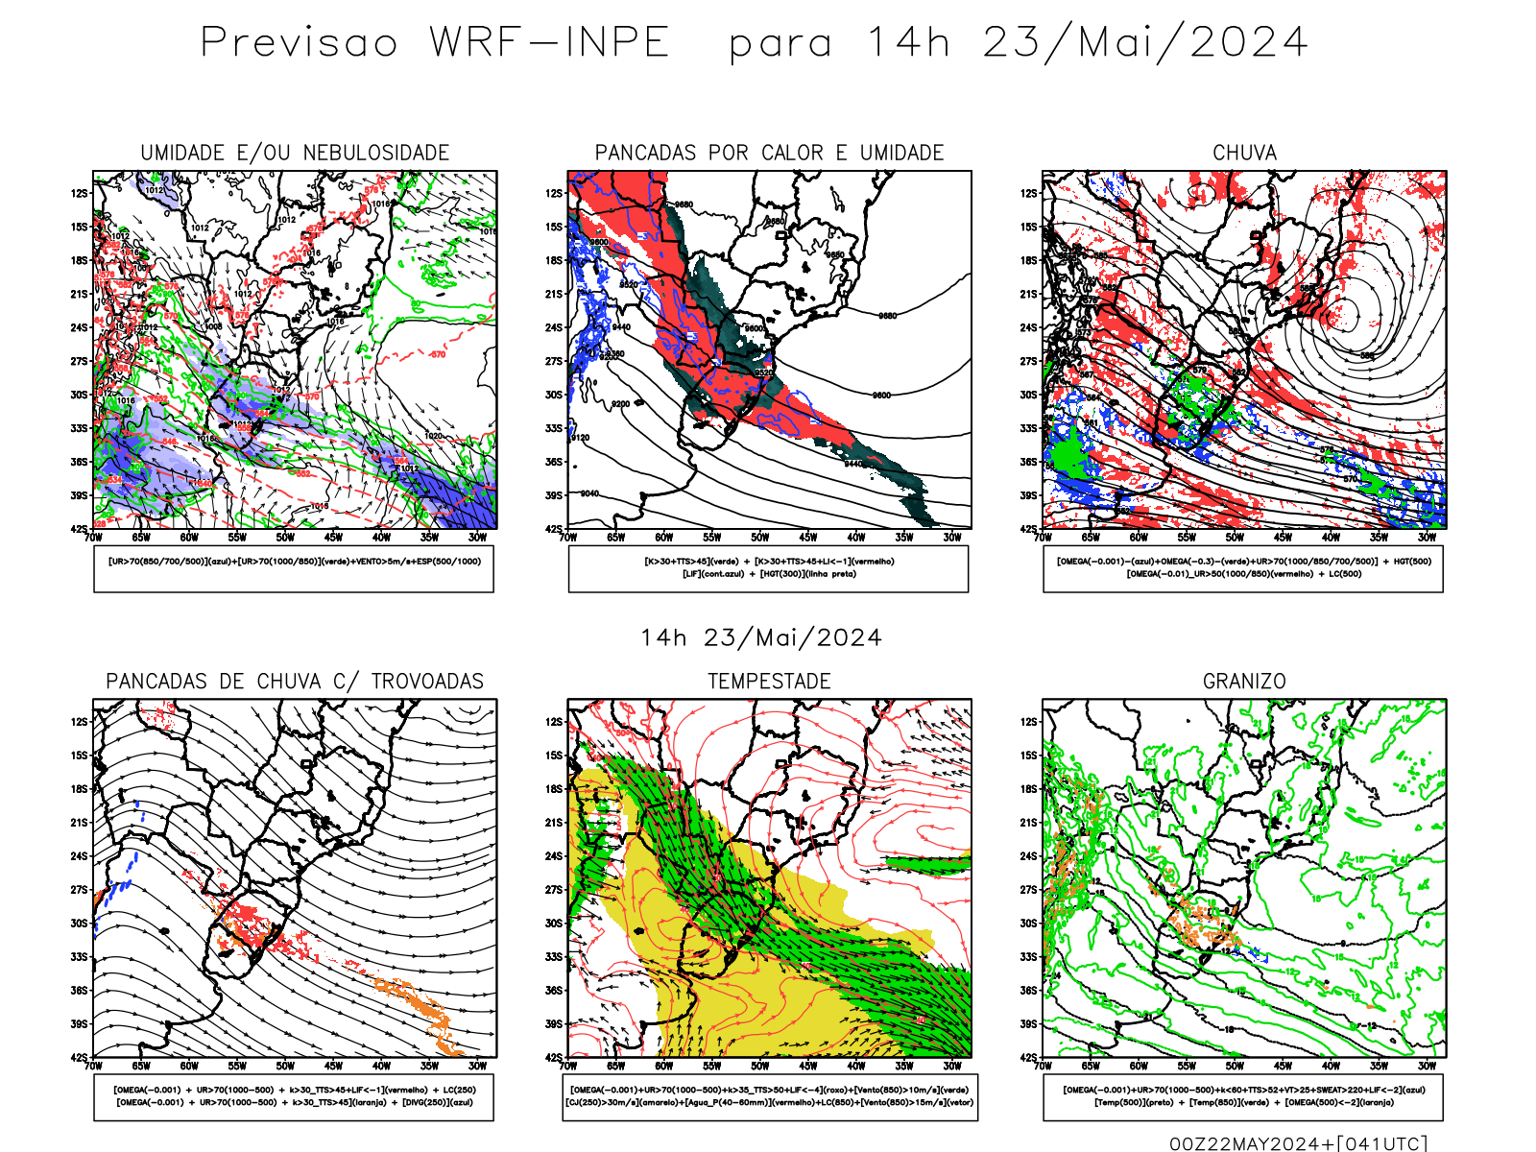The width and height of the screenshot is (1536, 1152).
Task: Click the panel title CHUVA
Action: [x=1244, y=153]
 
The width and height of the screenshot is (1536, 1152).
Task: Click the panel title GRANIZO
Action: [x=1244, y=681]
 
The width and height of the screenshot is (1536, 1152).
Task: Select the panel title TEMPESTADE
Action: [x=769, y=681]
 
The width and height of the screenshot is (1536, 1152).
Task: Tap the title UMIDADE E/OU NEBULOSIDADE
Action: [x=295, y=153]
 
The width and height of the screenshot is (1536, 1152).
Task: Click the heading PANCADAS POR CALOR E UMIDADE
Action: [x=769, y=153]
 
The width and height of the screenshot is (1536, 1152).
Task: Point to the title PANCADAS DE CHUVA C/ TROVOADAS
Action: [x=295, y=681]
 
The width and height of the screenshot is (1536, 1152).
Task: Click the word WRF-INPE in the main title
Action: [x=549, y=42]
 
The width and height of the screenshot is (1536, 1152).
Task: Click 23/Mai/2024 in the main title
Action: [x=1144, y=42]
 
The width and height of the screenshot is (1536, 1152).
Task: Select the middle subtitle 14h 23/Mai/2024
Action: [x=761, y=637]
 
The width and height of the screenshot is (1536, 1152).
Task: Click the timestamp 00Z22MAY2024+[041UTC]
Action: [x=1298, y=1142]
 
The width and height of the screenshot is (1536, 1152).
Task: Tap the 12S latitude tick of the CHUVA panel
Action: [x=1029, y=193]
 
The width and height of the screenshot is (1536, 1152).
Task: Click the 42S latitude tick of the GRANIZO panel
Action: [x=1029, y=1057]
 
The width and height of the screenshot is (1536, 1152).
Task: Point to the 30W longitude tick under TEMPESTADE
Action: [x=951, y=1066]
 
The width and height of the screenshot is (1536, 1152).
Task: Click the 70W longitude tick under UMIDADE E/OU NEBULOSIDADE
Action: [x=93, y=538]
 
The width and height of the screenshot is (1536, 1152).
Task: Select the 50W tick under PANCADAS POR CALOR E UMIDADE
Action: [x=759, y=538]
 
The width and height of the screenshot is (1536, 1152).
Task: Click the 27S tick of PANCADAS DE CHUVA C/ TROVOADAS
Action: [x=79, y=889]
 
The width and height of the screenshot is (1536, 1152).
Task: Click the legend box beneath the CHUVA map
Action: [x=1243, y=568]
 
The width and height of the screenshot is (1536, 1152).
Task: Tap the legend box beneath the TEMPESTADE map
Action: [x=770, y=1096]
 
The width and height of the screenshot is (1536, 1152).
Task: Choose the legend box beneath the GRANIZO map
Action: [x=1243, y=1096]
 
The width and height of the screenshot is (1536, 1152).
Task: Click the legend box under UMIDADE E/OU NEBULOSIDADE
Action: [x=294, y=568]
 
